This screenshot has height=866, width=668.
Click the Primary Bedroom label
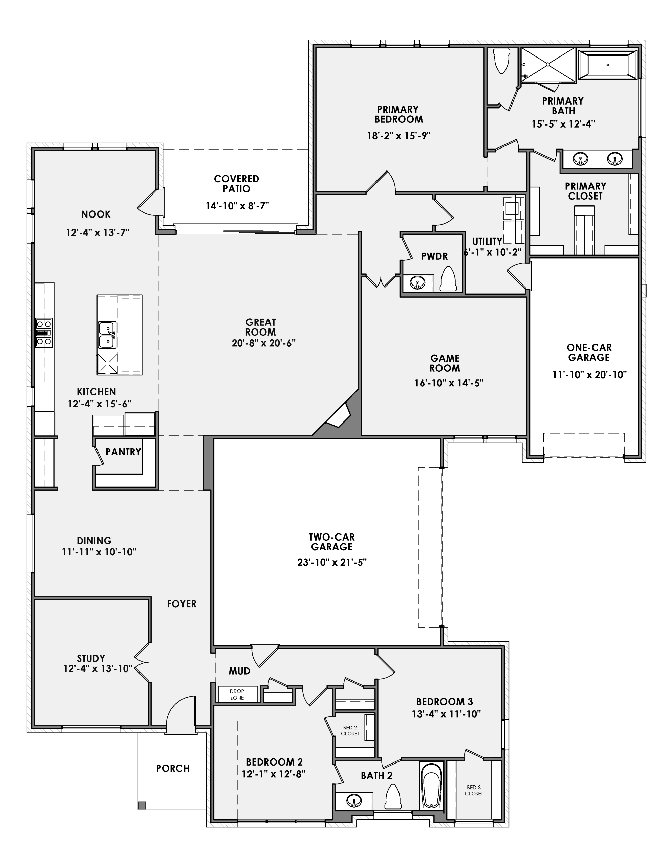click(x=398, y=114)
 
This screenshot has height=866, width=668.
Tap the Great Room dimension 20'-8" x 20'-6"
click(x=263, y=343)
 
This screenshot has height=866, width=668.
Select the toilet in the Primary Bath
click(x=502, y=60)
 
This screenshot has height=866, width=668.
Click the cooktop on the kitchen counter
click(x=44, y=333)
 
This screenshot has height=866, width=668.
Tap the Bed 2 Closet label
click(x=350, y=730)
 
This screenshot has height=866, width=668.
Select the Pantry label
click(x=123, y=452)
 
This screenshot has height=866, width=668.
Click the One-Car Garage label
click(x=589, y=352)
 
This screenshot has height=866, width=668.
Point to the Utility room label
click(x=487, y=241)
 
